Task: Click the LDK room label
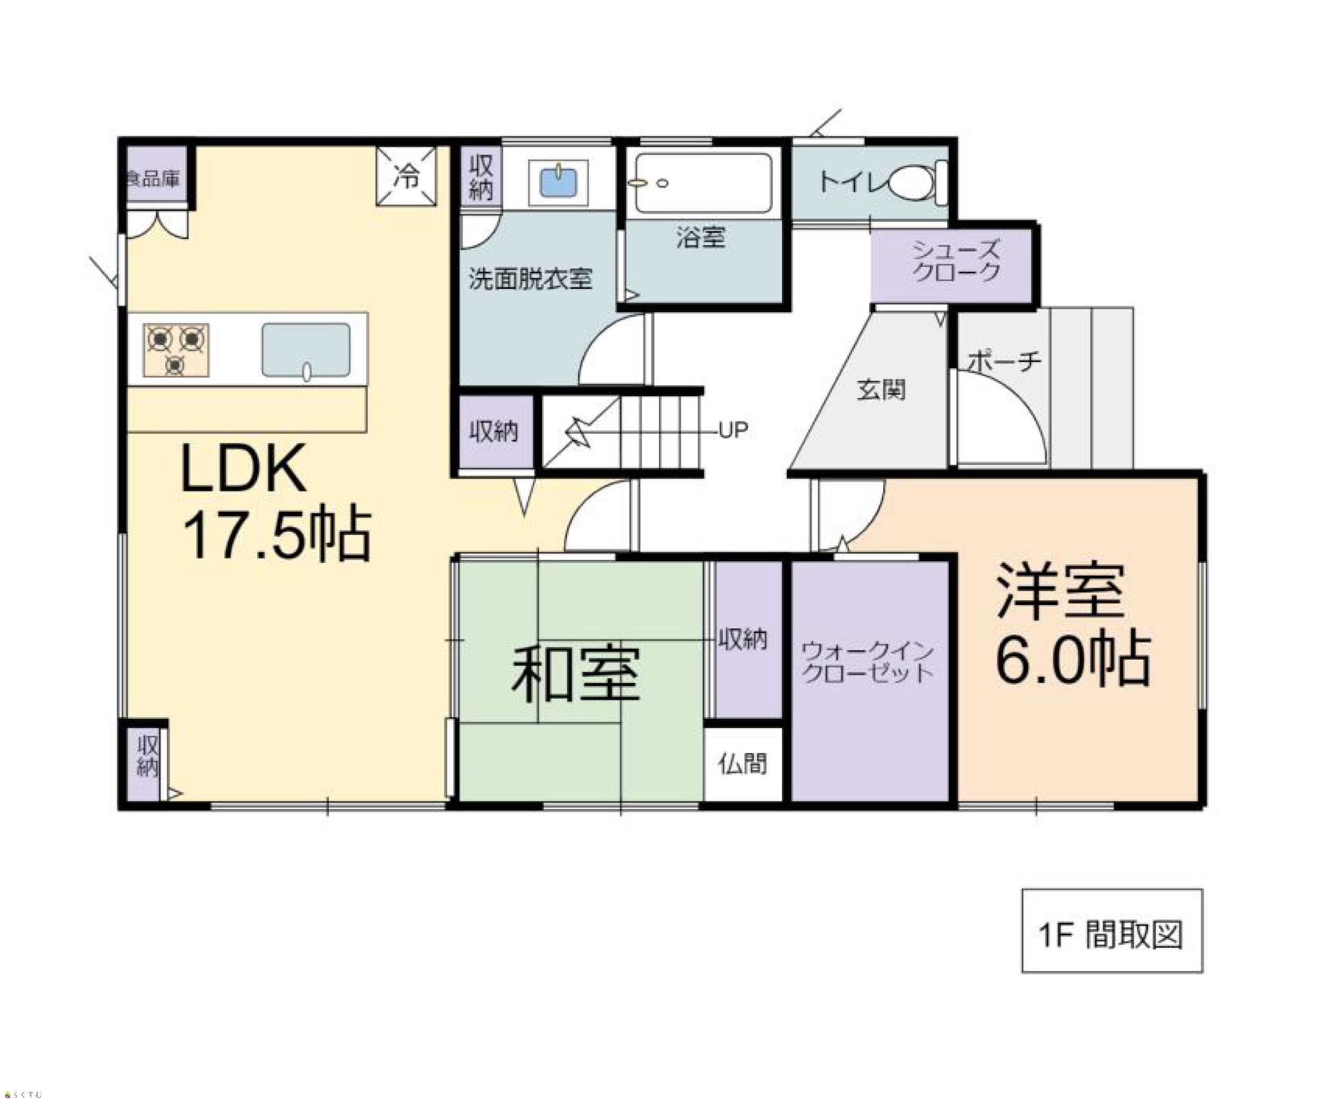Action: click(x=243, y=468)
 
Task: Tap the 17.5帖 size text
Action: click(x=277, y=534)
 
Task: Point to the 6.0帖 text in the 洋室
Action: click(x=1073, y=660)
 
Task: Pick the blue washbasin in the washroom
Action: click(x=558, y=182)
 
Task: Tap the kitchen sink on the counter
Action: click(x=306, y=351)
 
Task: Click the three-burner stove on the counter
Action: click(x=176, y=350)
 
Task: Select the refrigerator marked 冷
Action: click(x=406, y=176)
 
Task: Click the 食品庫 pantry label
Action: click(x=154, y=179)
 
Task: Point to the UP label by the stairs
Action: click(x=733, y=430)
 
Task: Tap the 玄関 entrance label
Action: click(x=881, y=390)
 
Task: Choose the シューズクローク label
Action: click(x=956, y=261)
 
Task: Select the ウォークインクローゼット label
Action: click(x=868, y=662)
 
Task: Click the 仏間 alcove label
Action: click(x=743, y=764)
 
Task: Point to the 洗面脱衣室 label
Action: click(x=531, y=279)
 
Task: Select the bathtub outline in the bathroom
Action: click(x=703, y=183)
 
